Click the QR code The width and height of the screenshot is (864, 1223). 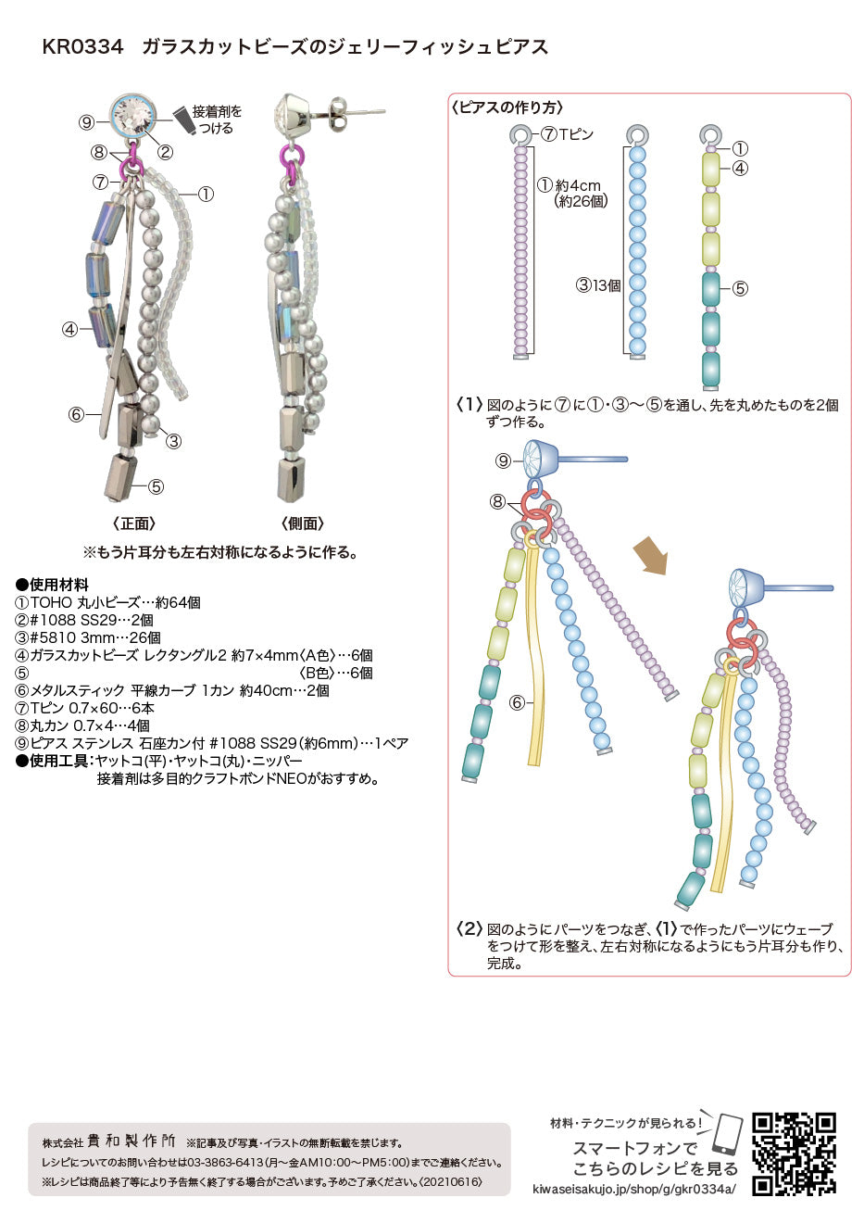[795, 1153]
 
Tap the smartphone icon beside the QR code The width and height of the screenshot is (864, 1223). [728, 1134]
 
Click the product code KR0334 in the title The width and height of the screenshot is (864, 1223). [83, 47]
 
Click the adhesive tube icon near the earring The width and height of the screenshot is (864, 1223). [184, 119]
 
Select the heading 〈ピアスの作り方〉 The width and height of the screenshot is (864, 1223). [507, 107]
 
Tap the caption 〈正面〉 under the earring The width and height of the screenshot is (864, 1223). [134, 523]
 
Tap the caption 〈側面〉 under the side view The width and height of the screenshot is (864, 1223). [303, 523]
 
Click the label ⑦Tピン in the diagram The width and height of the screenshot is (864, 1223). [567, 134]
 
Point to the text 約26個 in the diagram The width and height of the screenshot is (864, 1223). [581, 201]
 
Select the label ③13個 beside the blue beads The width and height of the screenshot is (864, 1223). [599, 285]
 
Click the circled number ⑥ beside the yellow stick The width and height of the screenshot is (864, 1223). [517, 702]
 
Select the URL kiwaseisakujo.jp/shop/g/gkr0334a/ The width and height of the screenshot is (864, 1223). [633, 1189]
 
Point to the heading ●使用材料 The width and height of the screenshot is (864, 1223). [52, 585]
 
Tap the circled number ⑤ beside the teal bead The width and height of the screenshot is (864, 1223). [740, 288]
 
